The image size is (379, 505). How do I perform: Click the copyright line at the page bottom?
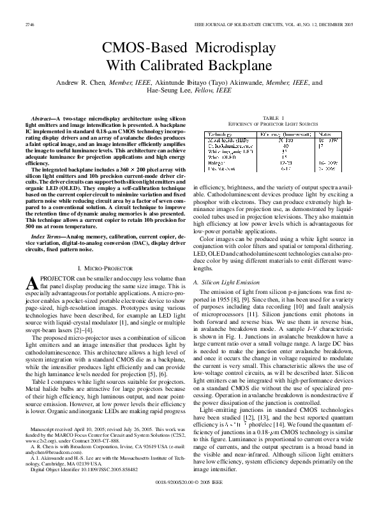coord(189,492)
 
